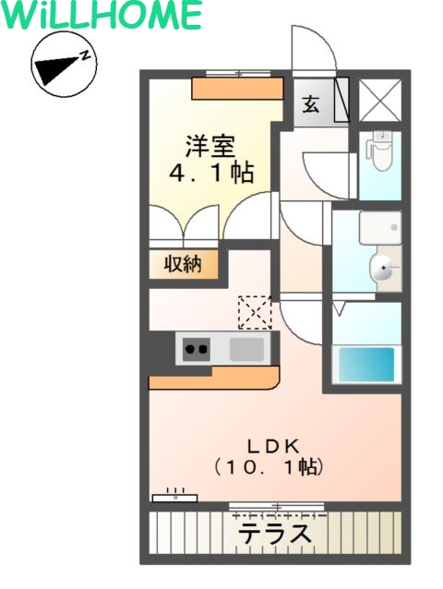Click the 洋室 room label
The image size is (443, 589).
(210, 146)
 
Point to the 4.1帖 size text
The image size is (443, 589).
(210, 173)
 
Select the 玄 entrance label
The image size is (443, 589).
(310, 103)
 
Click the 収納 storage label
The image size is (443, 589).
(183, 265)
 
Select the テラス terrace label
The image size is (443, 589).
(274, 534)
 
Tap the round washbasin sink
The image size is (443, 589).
(383, 269)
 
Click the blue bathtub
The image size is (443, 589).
(366, 364)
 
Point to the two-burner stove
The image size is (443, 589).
(196, 349)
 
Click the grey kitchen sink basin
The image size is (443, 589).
(246, 349)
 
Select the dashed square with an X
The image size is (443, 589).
(254, 312)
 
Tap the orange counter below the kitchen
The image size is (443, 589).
(213, 378)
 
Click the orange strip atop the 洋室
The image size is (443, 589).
(236, 88)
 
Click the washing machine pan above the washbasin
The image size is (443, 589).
(379, 227)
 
